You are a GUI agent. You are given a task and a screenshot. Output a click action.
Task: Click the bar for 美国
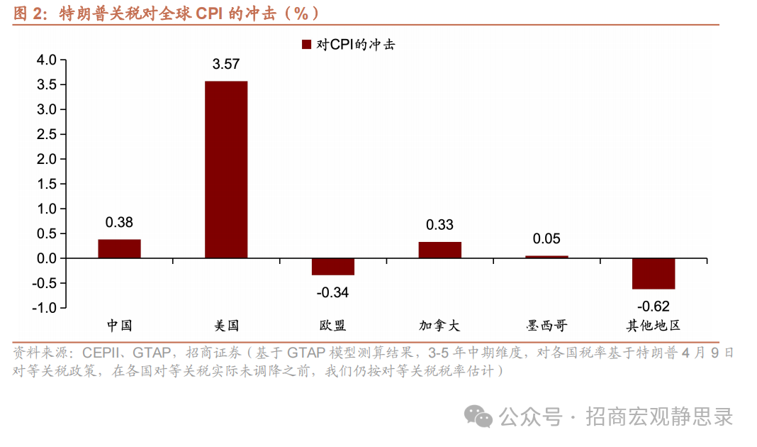226,170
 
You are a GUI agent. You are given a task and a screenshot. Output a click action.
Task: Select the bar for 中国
119,248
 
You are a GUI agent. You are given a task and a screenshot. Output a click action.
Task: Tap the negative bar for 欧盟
332,266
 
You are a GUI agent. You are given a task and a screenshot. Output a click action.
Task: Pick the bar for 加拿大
439,250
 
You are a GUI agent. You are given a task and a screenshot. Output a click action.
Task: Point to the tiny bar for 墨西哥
546,256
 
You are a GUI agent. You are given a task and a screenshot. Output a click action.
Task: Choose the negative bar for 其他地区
654,273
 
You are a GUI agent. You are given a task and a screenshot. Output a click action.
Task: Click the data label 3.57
226,65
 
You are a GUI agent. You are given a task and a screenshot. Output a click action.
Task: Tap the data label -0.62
654,307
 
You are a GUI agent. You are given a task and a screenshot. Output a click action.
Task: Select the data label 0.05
546,239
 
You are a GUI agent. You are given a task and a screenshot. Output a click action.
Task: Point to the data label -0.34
332,292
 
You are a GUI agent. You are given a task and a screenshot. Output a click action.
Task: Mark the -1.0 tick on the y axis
45,308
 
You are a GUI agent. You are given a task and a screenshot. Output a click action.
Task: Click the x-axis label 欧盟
332,326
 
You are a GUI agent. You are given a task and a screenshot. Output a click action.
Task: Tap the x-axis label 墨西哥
546,326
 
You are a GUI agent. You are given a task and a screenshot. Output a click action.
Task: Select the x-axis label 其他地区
654,326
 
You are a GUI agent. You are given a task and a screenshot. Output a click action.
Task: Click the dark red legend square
307,45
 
